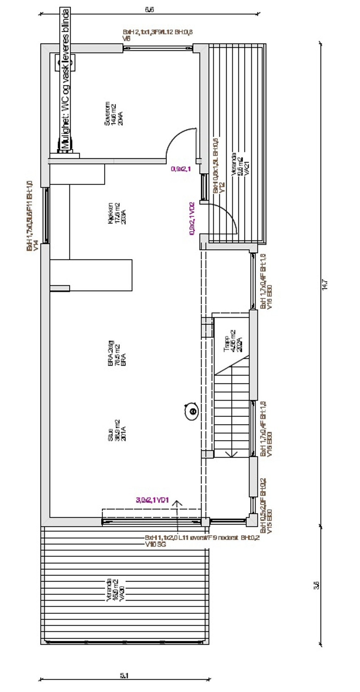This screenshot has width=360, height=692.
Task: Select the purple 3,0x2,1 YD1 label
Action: pyautogui.click(x=152, y=500)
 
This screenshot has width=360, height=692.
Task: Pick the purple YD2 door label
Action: pyautogui.click(x=192, y=218)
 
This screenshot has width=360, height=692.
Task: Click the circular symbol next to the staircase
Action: pyautogui.click(x=192, y=411)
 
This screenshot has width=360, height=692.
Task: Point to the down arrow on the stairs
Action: pyautogui.click(x=231, y=454)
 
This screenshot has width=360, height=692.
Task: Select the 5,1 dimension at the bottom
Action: pyautogui.click(x=124, y=676)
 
